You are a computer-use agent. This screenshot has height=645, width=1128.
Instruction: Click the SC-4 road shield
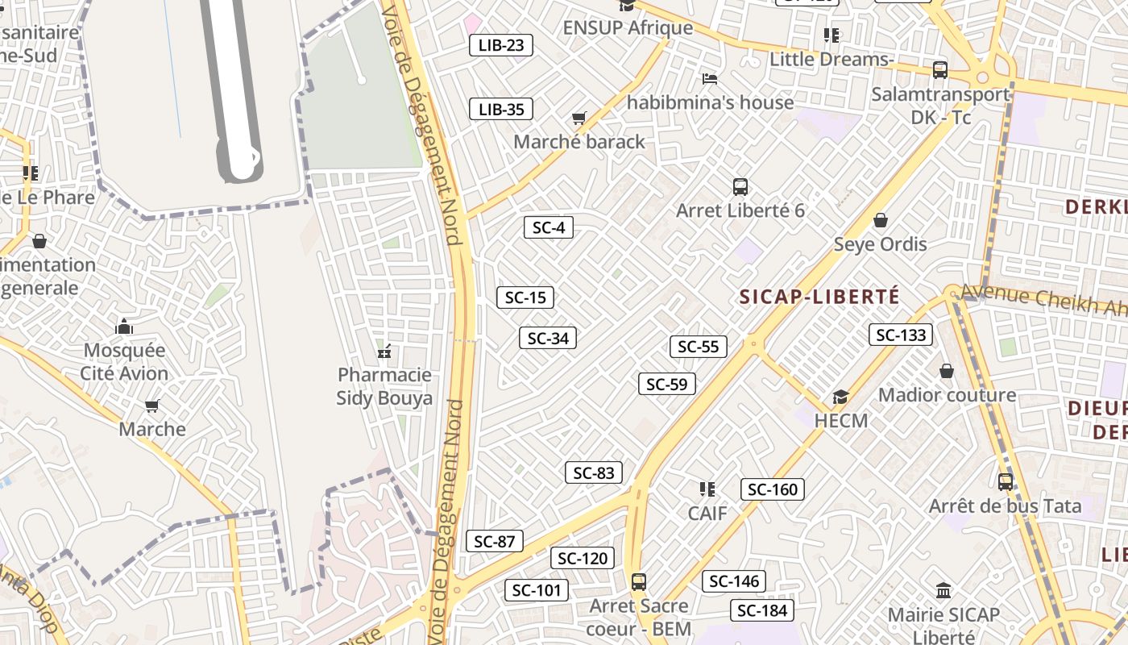[x=549, y=227]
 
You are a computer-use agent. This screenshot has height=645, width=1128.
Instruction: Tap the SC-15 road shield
[x=525, y=298]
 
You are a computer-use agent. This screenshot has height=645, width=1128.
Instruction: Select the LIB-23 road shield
[x=501, y=45]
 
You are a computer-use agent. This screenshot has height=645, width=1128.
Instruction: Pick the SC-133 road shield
[x=901, y=335]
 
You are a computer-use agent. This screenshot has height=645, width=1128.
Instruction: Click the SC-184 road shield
[x=762, y=610]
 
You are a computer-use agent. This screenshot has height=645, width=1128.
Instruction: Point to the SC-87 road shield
[x=495, y=541]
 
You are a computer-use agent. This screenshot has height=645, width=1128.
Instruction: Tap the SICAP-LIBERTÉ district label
[x=819, y=297]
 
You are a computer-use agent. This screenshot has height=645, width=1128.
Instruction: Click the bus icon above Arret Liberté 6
[x=740, y=187]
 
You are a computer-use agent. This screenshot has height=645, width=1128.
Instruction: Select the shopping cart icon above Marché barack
[x=579, y=119]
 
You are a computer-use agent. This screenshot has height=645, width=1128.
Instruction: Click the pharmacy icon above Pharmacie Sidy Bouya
[x=384, y=352]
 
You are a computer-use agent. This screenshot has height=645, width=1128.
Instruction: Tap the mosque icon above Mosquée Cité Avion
[x=124, y=327]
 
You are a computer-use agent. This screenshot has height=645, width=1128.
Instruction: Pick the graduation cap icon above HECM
[x=841, y=397]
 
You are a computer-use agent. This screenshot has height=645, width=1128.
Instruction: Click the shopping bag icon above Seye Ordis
[x=881, y=220]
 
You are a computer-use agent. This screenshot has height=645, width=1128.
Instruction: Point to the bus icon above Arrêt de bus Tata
[x=1006, y=482]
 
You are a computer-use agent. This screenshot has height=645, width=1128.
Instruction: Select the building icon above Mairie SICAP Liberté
[x=943, y=590]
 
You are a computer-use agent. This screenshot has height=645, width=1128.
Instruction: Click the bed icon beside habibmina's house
[x=710, y=79]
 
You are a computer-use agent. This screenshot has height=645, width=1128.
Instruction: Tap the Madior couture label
[x=947, y=395]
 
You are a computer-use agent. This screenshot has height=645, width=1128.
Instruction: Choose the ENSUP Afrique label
[x=628, y=27]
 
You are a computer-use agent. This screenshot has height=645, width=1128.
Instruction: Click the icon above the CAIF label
[x=707, y=489]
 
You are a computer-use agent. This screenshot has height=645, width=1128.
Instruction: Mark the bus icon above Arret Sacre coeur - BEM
[x=639, y=581]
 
